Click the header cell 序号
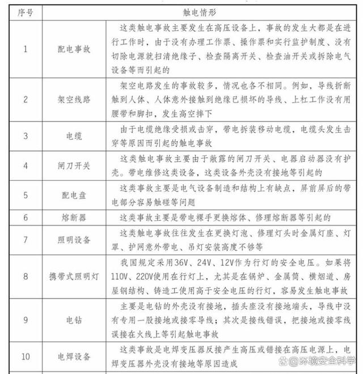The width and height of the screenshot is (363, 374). pos(24,11)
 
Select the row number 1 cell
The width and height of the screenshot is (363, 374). pos(24,49)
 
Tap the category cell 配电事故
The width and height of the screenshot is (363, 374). pos(74,49)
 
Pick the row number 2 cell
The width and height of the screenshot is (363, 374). pos(24,99)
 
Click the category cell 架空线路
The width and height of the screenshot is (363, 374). pos(74,99)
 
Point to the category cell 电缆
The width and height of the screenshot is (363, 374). pos(74,137)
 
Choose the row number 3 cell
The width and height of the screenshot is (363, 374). pos(24,137)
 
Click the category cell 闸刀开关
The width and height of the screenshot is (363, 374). pos(74,166)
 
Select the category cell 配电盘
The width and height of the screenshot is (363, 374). pos(74,195)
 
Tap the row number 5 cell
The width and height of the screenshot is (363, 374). pos(24,195)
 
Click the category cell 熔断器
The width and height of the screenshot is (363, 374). pos(74,218)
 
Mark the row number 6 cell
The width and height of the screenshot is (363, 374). pos(24,218)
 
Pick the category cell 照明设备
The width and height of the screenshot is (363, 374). pos(74,240)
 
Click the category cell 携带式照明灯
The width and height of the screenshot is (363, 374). pos(74,277)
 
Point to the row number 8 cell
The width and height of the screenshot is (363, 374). pos(24,277)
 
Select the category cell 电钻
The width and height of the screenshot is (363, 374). pos(74,320)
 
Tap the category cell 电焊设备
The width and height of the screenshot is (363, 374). pos(74,357)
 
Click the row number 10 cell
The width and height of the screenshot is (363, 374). pos(24,357)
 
